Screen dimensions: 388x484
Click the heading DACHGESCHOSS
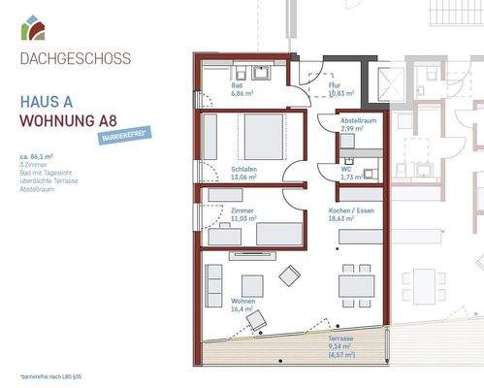point(75,58)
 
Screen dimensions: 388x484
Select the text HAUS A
point(48,100)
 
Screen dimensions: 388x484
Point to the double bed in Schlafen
point(263,136)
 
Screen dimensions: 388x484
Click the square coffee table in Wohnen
point(252,285)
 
